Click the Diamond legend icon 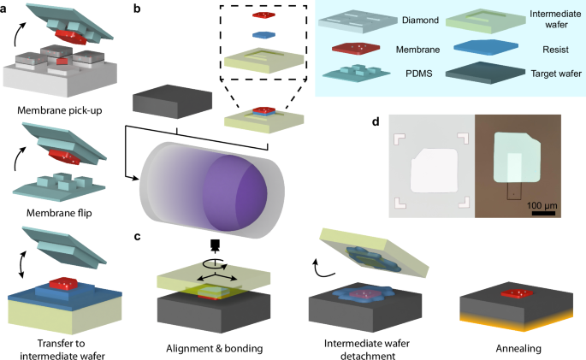point(368,20)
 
